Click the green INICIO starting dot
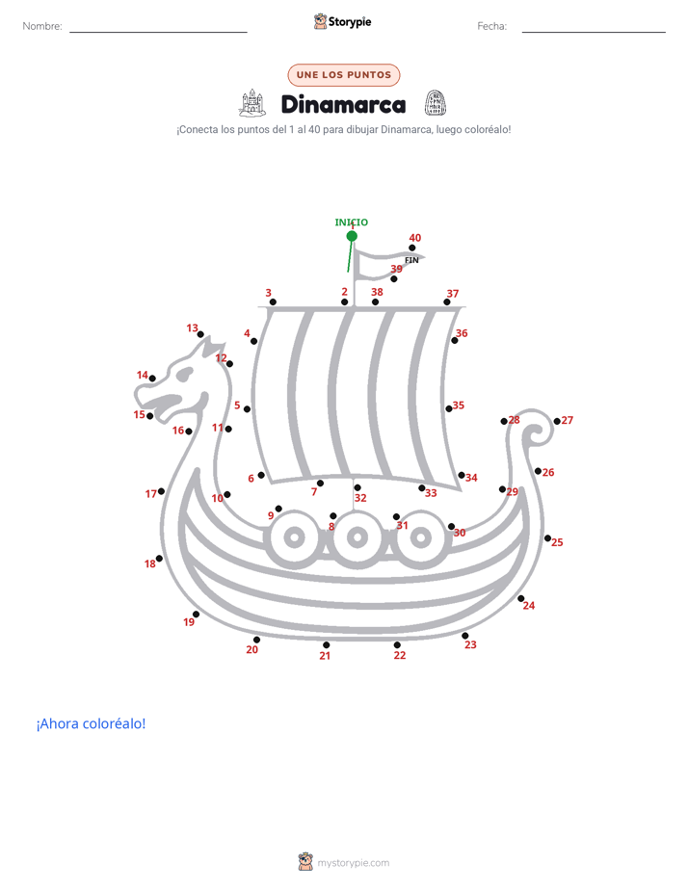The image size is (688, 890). (352, 236)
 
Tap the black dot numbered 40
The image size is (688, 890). (412, 249)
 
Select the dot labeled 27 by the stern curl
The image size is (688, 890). (557, 421)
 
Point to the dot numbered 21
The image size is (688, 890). (327, 644)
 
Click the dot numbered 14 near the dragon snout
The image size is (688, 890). (152, 379)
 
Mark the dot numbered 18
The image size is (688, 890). (160, 559)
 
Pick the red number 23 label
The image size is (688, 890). (470, 644)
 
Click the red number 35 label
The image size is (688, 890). (459, 406)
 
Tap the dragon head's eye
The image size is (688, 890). (184, 374)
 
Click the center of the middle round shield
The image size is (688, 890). (357, 537)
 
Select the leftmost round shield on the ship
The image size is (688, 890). (294, 537)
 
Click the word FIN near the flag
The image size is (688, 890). (411, 260)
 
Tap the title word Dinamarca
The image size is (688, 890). (343, 104)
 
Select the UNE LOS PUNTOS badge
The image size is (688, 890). (344, 75)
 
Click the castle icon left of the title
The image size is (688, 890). (252, 103)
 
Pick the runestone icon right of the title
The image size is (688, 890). (436, 103)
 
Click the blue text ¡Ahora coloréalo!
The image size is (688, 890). (91, 723)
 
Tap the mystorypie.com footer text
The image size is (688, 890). (353, 863)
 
